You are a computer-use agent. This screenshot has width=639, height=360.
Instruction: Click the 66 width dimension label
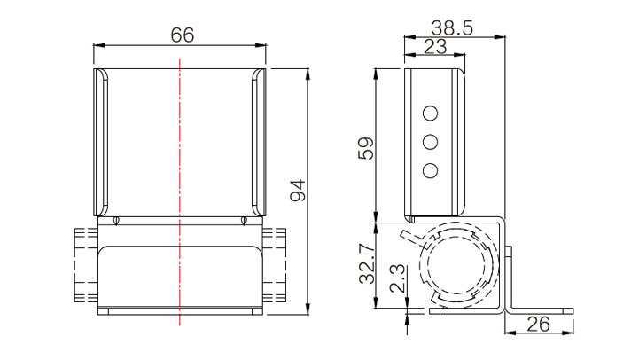pyautogui.click(x=183, y=35)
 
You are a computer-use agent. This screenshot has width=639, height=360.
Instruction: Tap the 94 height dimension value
pyautogui.click(x=298, y=190)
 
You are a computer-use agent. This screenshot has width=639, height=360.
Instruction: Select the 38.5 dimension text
pyautogui.click(x=452, y=28)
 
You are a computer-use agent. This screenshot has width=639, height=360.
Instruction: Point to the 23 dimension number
pyautogui.click(x=435, y=47)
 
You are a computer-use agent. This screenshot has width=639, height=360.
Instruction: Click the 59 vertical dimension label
pyautogui.click(x=366, y=148)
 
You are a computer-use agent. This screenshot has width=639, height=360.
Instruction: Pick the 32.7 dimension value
pyautogui.click(x=367, y=263)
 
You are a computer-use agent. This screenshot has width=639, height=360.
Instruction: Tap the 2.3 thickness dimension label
pyautogui.click(x=398, y=278)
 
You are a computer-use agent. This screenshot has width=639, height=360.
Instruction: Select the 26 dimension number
pyautogui.click(x=538, y=325)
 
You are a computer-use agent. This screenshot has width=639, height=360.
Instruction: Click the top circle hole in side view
pyautogui.click(x=431, y=113)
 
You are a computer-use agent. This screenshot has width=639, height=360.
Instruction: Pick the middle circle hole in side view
pyautogui.click(x=431, y=142)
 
